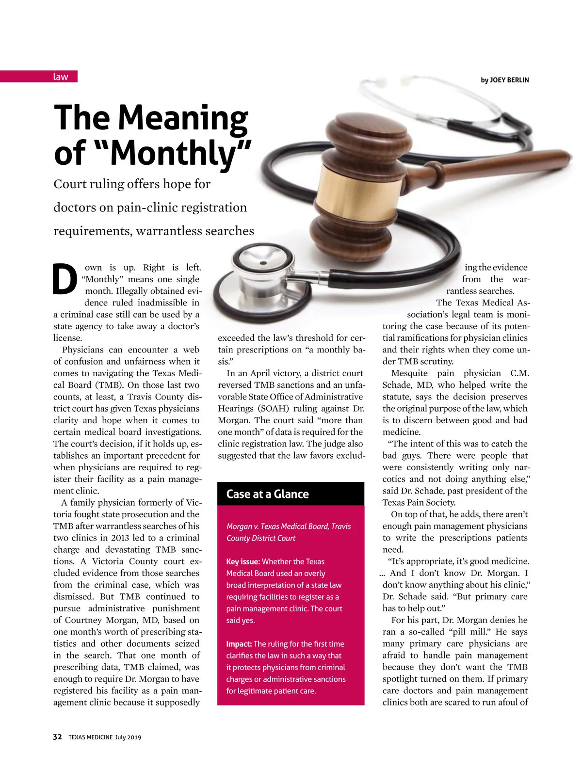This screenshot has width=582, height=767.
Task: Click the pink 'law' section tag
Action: point(61,77)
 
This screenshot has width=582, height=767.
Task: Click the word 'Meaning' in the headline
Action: point(183,118)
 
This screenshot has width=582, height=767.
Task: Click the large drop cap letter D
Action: point(65,280)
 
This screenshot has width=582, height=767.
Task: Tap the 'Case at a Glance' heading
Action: point(268,494)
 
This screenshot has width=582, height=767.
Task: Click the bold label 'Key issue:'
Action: point(243,561)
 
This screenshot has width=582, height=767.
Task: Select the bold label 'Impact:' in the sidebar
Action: point(239,644)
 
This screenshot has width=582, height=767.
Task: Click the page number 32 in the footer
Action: point(57,737)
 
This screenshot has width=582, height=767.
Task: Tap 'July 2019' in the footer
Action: point(128,737)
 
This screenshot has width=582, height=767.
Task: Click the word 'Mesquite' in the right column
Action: point(409,373)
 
